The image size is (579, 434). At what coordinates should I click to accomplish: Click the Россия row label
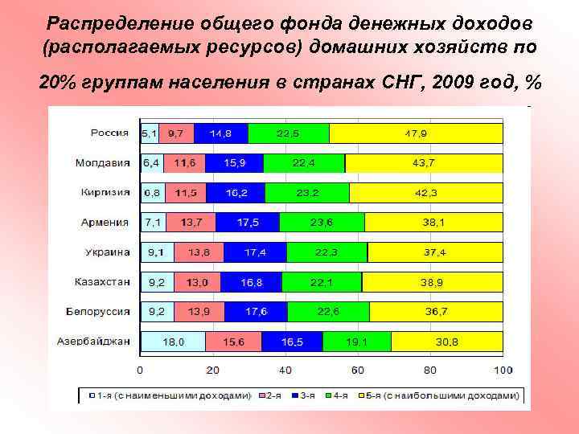(x=111, y=133)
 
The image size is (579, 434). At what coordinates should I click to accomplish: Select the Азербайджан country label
(x=93, y=342)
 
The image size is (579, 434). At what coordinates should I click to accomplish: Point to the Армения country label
(x=105, y=223)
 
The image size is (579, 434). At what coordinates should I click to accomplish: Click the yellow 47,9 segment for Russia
(x=416, y=133)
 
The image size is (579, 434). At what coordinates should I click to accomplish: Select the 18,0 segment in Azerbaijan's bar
(x=173, y=342)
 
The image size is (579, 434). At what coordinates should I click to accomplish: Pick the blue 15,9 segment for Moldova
(x=235, y=163)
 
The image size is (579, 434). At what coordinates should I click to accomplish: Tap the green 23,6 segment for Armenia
(x=322, y=223)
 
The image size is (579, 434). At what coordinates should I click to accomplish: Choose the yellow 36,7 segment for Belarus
(x=436, y=312)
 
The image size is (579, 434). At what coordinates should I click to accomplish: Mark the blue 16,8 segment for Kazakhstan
(x=251, y=282)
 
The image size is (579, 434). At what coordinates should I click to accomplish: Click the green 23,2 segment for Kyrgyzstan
(x=307, y=193)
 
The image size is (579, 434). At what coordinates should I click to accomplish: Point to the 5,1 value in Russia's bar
(x=150, y=133)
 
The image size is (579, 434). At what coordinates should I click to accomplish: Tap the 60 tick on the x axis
(x=358, y=371)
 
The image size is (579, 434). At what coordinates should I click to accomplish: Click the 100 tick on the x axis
(x=503, y=371)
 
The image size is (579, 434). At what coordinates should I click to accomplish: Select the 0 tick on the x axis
(x=141, y=371)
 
